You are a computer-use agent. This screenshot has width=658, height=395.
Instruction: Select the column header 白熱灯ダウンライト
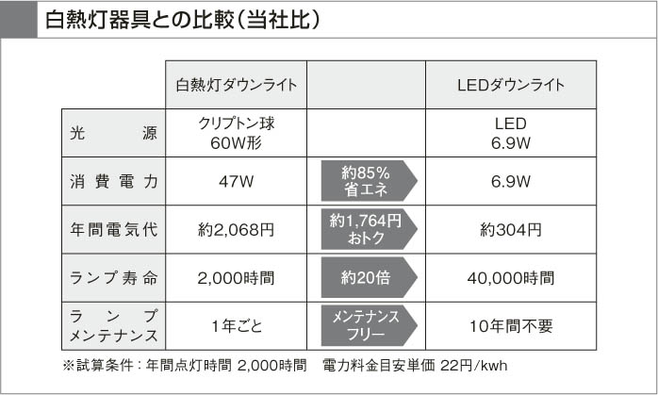click(237, 85)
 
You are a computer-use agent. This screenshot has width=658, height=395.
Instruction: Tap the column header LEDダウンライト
click(510, 85)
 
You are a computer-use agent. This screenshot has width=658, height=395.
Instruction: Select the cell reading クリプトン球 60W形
click(237, 133)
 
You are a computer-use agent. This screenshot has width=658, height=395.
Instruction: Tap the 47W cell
click(237, 181)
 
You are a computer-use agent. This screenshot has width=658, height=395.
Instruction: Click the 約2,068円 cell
click(237, 229)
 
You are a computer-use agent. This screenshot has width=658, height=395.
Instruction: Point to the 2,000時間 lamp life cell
click(237, 278)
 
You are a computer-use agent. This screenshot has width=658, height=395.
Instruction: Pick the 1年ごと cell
click(237, 326)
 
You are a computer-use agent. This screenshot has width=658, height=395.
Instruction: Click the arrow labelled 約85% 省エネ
click(366, 181)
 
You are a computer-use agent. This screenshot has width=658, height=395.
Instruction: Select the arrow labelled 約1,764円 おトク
click(366, 229)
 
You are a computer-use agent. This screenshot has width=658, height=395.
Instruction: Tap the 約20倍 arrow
click(366, 278)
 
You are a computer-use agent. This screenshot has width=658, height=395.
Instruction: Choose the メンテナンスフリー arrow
click(366, 326)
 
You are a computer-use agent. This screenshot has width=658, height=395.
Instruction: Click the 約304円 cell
click(510, 229)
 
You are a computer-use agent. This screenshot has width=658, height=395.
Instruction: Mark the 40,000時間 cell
click(510, 278)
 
